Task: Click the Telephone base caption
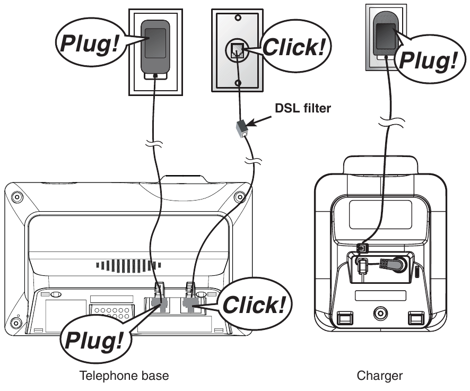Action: [x=124, y=376]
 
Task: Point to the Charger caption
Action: [x=379, y=376]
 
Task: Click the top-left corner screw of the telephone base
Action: [x=17, y=196]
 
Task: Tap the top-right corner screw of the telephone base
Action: [x=240, y=196]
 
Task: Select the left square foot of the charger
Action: [x=344, y=318]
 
